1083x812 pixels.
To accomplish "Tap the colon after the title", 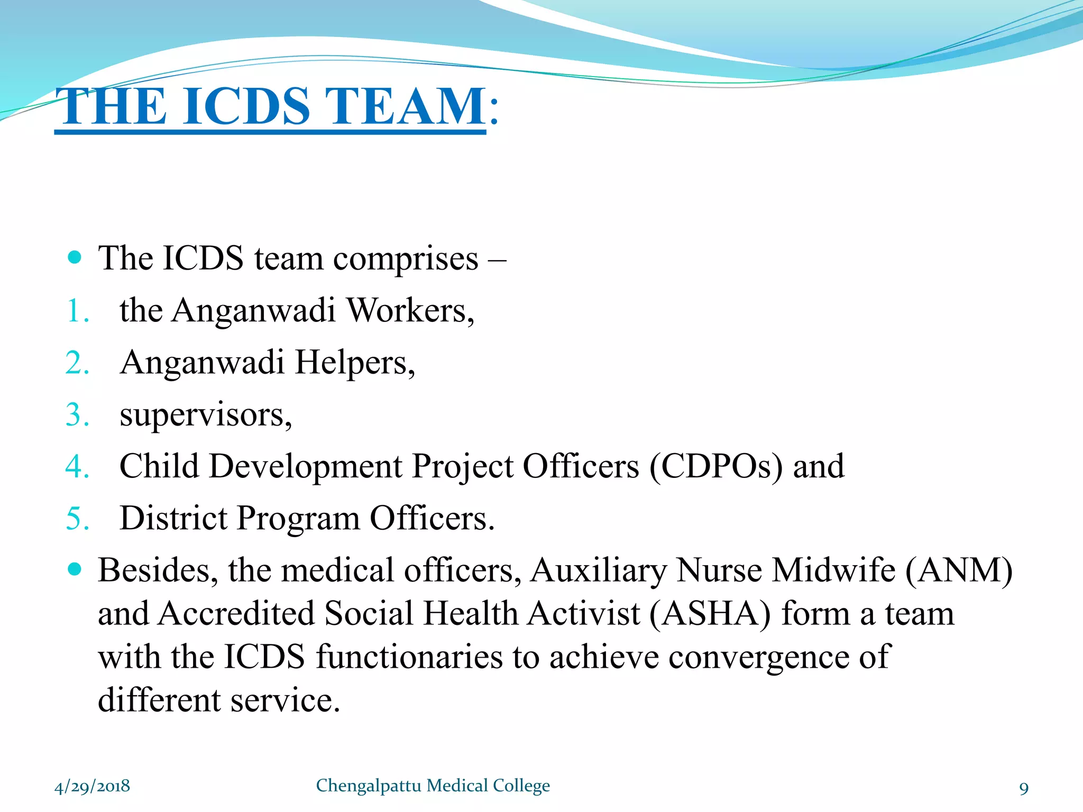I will click(494, 111).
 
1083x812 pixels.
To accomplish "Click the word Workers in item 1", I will click(410, 310).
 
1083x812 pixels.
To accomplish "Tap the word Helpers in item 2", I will click(354, 363).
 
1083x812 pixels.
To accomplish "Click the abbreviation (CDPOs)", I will click(715, 467).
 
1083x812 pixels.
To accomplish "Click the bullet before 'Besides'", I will click(75, 569).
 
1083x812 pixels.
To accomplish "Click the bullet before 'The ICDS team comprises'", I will click(75, 257).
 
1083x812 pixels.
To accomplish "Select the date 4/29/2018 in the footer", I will click(92, 787).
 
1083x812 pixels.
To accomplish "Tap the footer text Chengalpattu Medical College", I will click(433, 786).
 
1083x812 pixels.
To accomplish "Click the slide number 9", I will click(1024, 788).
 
